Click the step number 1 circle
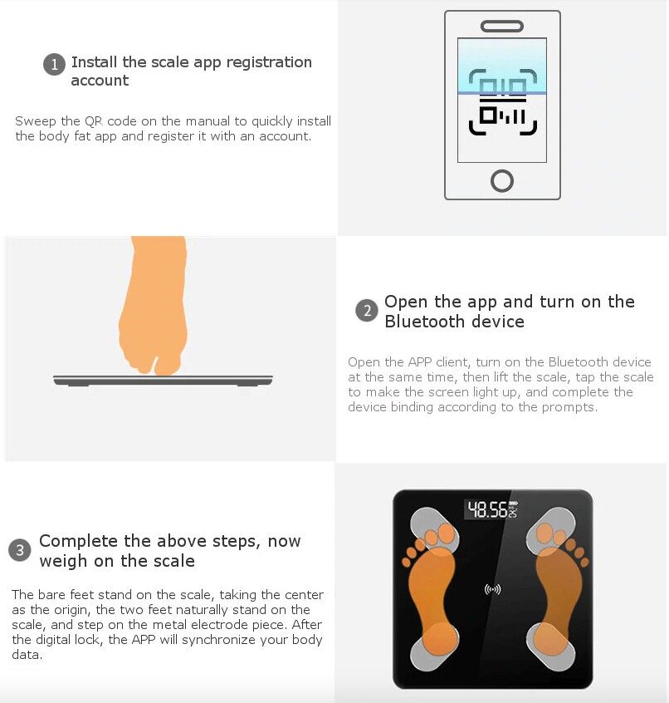tap(54, 65)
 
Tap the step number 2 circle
tap(367, 311)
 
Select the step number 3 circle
tap(20, 549)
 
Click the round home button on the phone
tap(502, 180)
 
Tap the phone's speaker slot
tap(502, 26)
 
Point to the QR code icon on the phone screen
tap(502, 101)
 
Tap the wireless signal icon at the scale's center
tap(492, 589)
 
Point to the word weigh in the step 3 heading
tap(63, 562)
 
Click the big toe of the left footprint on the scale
tap(447, 533)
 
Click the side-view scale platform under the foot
tap(163, 381)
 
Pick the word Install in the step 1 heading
tap(94, 61)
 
